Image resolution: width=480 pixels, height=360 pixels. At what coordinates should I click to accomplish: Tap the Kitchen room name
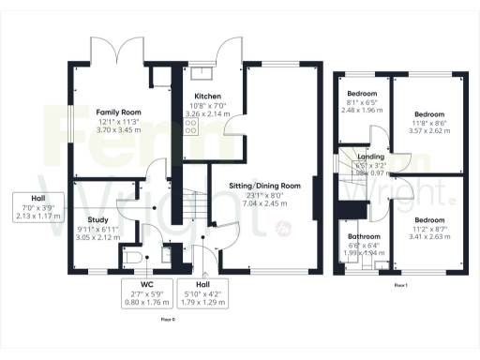pyautogui.click(x=206, y=97)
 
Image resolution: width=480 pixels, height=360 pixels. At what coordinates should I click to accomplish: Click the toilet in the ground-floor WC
pyautogui.click(x=135, y=255)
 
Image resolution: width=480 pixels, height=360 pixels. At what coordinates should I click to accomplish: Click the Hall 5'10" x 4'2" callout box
pyautogui.click(x=202, y=294)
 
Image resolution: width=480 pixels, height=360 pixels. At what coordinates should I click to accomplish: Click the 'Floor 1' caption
pyautogui.click(x=400, y=283)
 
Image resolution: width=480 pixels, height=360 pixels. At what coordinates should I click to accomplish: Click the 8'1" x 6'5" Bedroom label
pyautogui.click(x=362, y=94)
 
